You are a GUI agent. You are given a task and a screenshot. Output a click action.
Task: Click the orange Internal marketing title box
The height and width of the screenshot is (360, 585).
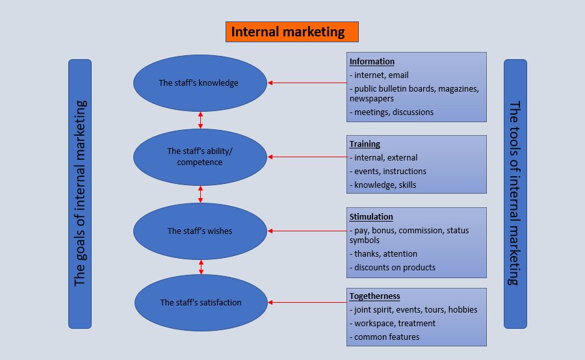point(292,32)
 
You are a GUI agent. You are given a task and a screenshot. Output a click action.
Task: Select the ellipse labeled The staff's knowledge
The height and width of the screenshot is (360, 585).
point(200,83)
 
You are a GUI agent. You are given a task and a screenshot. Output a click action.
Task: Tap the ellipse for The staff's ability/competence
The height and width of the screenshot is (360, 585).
point(200,157)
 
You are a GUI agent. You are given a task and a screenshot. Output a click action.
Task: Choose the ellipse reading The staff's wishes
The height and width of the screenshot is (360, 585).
point(200,231)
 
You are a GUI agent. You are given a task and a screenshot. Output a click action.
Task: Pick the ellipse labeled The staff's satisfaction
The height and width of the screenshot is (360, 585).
point(201,302)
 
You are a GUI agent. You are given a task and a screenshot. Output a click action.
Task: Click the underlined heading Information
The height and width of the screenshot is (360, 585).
point(372,62)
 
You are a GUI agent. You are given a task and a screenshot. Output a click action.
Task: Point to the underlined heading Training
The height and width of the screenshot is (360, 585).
point(365,144)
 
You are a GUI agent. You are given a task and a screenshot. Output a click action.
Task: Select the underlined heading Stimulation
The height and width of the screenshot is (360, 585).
point(371,216)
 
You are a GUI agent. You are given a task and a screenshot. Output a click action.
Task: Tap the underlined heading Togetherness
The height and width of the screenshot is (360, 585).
point(374,296)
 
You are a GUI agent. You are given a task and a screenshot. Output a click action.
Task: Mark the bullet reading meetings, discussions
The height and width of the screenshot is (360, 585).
point(393,112)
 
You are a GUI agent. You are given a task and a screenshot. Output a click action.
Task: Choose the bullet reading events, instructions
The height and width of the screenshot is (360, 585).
point(390,172)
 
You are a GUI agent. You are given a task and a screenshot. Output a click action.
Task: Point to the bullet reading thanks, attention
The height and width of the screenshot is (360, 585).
point(385,254)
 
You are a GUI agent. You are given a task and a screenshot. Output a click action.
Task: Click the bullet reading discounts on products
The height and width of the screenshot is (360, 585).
point(395,268)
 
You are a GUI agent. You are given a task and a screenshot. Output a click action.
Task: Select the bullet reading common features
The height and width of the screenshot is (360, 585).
point(387,337)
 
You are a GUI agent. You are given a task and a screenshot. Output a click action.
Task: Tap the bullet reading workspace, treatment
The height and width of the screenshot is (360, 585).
point(395,324)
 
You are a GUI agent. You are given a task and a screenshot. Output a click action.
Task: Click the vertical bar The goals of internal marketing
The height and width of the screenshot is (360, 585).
point(80,194)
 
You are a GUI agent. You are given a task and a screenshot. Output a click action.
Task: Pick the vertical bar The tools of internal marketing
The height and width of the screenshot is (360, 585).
point(515,194)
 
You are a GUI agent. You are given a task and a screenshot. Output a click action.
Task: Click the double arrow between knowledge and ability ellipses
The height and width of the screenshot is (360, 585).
point(200,120)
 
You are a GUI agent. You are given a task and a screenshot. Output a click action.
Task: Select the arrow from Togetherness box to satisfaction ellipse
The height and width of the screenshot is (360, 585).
point(307,302)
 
